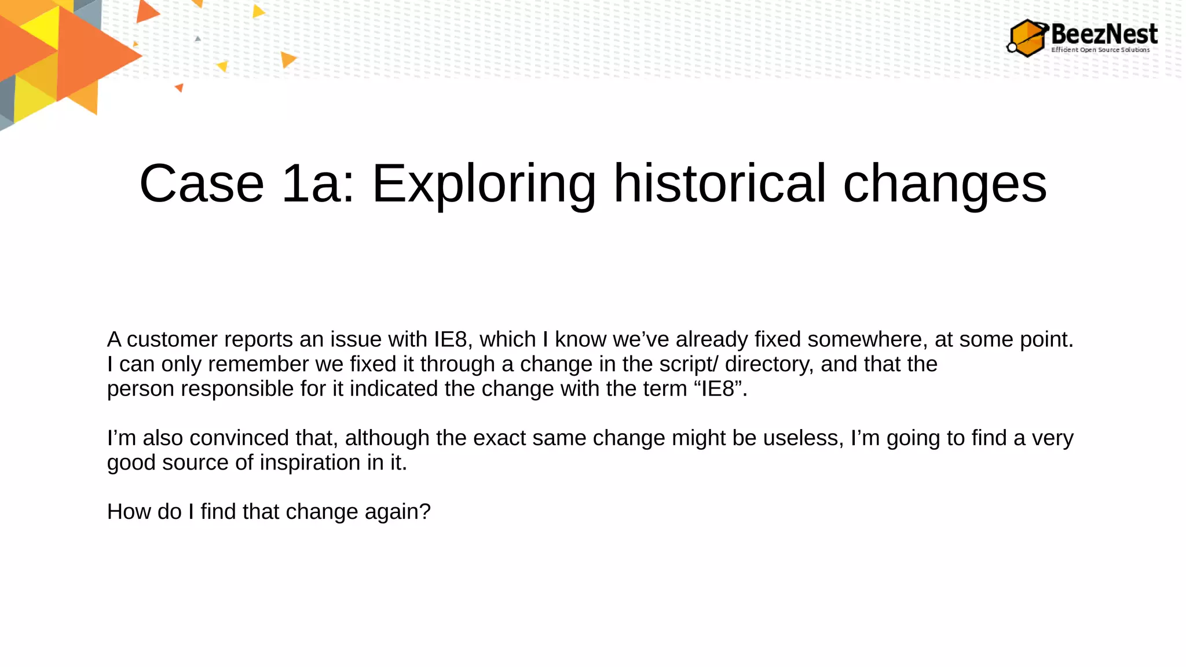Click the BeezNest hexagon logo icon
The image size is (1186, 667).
tap(1027, 38)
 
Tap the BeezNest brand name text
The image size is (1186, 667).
tap(1104, 34)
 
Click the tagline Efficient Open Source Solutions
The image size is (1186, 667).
tap(1100, 50)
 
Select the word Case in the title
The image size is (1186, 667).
tap(202, 184)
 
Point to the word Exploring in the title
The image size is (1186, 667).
tap(484, 185)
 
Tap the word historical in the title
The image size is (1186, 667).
tap(719, 184)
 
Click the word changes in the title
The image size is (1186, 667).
tap(945, 185)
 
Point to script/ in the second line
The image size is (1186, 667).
tap(689, 365)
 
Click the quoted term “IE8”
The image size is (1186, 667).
tap(718, 389)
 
